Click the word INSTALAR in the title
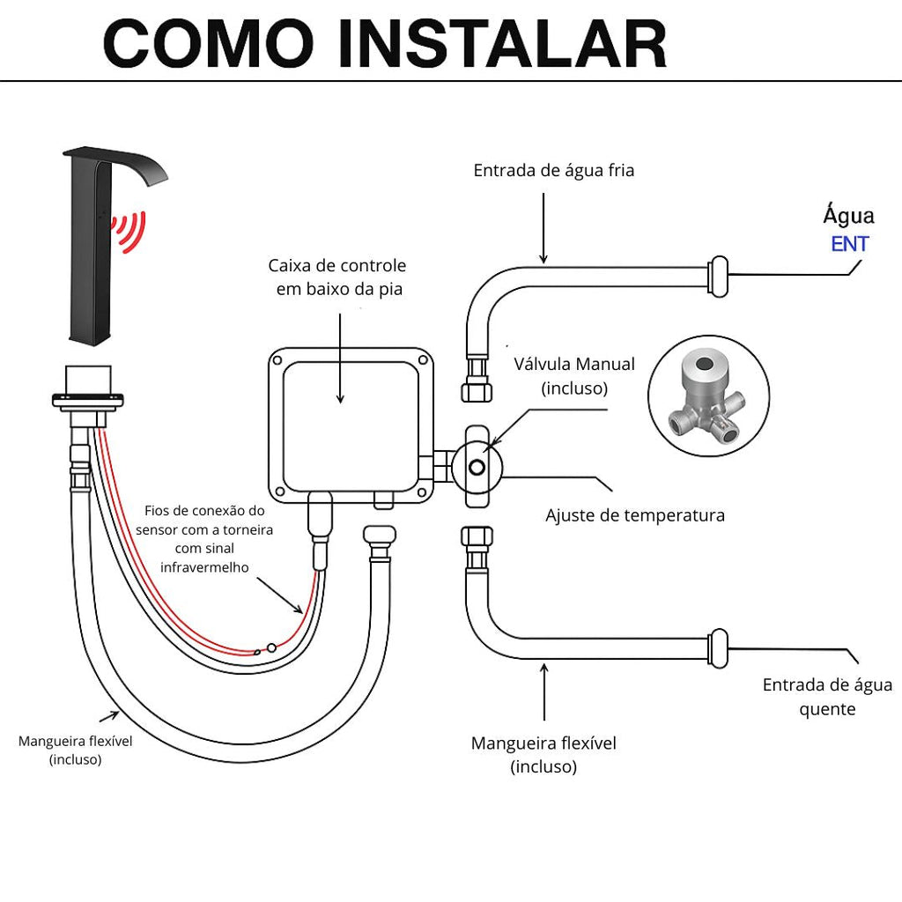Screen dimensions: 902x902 tap(502, 43)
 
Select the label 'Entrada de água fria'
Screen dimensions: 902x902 tap(553, 170)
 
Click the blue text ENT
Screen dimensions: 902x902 tap(849, 244)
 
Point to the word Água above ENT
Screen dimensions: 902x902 tap(848, 215)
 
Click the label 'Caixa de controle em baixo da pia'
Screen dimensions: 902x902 tap(338, 277)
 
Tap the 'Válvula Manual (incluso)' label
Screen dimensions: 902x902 tap(574, 375)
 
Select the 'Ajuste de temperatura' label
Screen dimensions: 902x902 tap(634, 514)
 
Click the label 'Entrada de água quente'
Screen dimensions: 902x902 tap(826, 696)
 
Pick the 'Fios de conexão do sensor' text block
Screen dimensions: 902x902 tap(204, 537)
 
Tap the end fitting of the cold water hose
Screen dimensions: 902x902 tap(719, 275)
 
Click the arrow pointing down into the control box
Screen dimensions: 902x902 tap(340, 357)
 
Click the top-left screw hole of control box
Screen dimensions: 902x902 tap(277, 360)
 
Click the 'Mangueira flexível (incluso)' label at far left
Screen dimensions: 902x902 tap(75, 750)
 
